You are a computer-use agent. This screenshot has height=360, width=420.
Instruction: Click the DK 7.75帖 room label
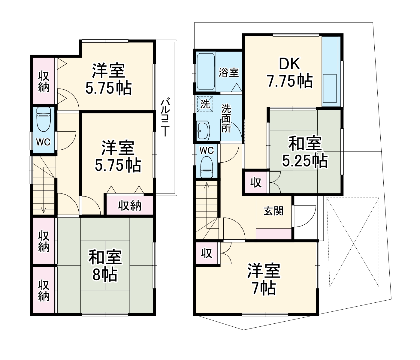pos(289,73)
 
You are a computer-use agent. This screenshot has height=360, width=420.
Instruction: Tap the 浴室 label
pos(228,73)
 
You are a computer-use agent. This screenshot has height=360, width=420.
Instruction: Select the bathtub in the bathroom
pos(206,71)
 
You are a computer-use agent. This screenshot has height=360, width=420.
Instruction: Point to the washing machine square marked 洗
pos(205,104)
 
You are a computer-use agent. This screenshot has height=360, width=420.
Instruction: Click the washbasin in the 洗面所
pos(203,130)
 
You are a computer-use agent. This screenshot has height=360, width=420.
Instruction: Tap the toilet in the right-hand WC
pos(207,167)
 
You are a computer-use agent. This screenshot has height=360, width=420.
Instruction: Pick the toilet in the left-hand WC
pos(44,120)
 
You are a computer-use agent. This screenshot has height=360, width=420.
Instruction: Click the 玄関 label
pos(273,211)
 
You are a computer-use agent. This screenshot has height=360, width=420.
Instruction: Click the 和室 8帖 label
pos(105,265)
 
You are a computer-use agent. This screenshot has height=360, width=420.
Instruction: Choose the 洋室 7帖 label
pos(264,279)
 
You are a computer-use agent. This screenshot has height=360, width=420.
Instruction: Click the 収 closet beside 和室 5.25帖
pos(256,182)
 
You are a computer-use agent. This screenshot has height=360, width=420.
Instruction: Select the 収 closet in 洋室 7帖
pos(207,253)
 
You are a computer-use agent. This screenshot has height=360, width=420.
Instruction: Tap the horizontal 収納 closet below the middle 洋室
pos(130,205)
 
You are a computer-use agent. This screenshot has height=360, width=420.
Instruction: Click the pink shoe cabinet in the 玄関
pos(274,234)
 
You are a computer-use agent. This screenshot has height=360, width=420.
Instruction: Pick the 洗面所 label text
pos(226,118)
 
